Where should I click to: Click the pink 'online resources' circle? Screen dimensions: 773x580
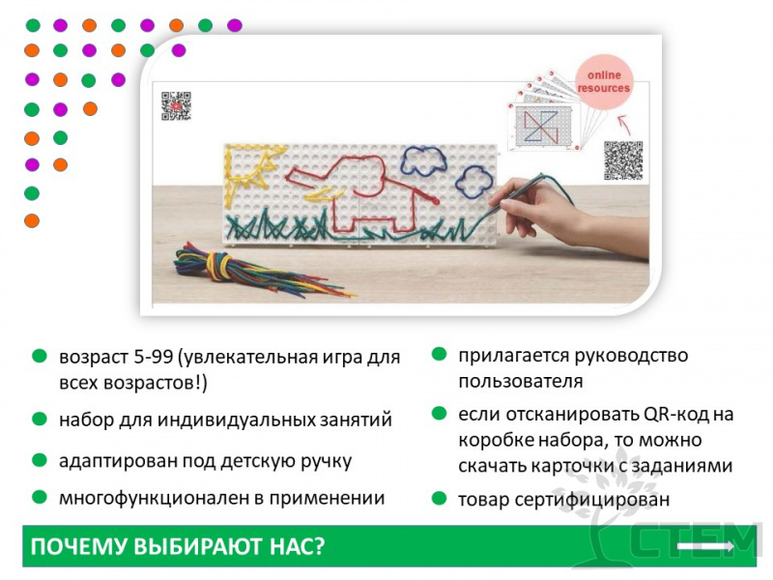tap(603, 81)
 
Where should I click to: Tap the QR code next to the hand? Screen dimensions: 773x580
tap(623, 160)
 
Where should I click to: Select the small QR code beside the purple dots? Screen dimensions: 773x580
tap(176, 105)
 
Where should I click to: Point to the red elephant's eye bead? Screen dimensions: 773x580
tap(436, 201)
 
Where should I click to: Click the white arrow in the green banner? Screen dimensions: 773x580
tap(706, 546)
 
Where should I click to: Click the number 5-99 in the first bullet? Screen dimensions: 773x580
tap(153, 357)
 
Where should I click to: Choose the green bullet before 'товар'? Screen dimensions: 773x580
tap(439, 499)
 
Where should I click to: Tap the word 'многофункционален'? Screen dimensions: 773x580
tap(154, 498)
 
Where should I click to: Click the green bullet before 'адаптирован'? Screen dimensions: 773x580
tap(39, 460)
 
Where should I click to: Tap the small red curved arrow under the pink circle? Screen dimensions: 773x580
tap(624, 125)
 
